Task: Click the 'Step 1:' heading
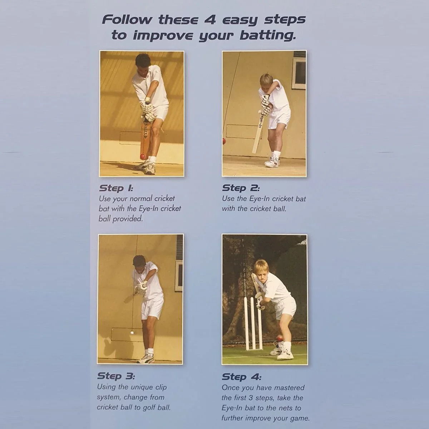(x=116, y=188)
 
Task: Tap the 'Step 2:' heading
(x=241, y=188)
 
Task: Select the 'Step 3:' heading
(x=116, y=376)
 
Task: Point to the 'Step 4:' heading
(x=242, y=377)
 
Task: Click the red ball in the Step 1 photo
(x=143, y=157)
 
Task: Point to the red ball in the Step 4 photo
(x=279, y=339)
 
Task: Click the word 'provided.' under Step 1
(x=128, y=219)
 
